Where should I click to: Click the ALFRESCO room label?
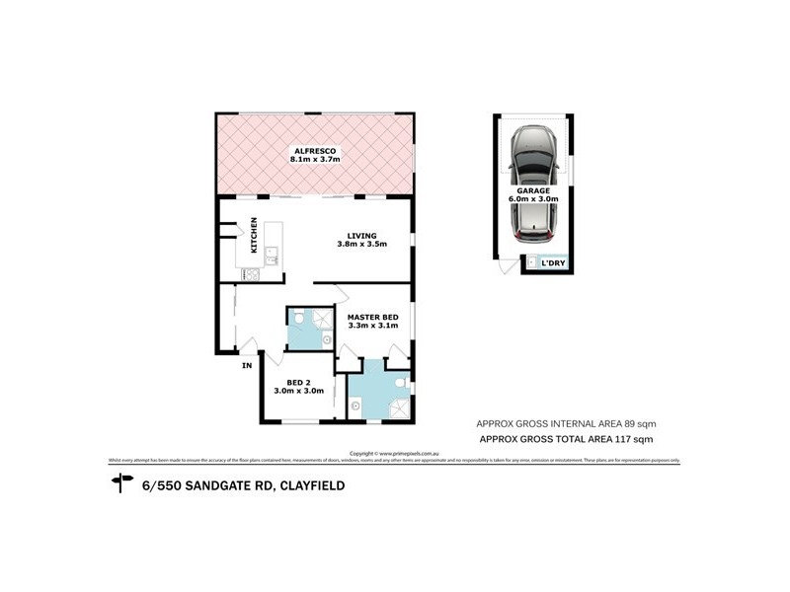[x=314, y=149]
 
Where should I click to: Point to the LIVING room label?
[x=361, y=235]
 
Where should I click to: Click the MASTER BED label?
[x=372, y=316]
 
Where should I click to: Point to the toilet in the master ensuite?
[x=400, y=383]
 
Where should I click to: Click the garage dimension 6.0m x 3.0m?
[x=534, y=198]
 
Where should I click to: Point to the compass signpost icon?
[x=122, y=483]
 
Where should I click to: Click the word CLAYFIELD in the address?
[x=316, y=484]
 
